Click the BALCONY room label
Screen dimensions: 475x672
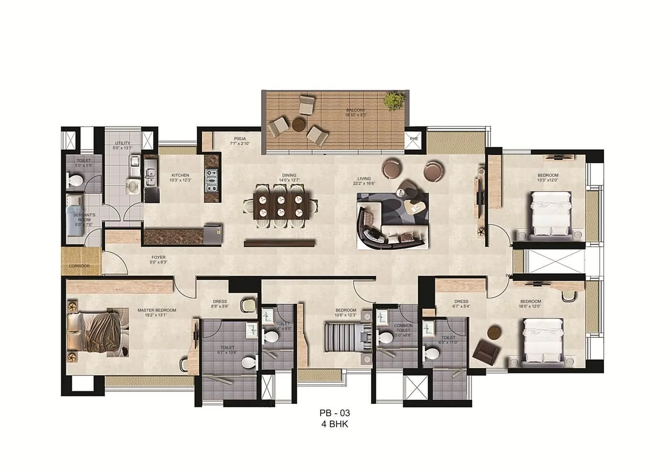pyautogui.click(x=356, y=110)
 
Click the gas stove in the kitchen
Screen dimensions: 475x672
pyautogui.click(x=211, y=180)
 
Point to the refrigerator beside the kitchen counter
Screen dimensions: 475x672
pyautogui.click(x=213, y=234)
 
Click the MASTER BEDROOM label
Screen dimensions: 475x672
pyautogui.click(x=157, y=310)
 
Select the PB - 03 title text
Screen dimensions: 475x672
pyautogui.click(x=335, y=413)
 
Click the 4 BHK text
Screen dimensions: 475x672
pyautogui.click(x=335, y=424)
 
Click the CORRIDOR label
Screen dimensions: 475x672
pyautogui.click(x=79, y=266)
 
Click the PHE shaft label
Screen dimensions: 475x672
pyautogui.click(x=414, y=139)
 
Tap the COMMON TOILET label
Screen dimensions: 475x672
pyautogui.click(x=403, y=328)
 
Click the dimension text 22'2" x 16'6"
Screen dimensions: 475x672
pyautogui.click(x=364, y=183)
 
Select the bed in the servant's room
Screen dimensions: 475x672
pyautogui.click(x=75, y=215)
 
